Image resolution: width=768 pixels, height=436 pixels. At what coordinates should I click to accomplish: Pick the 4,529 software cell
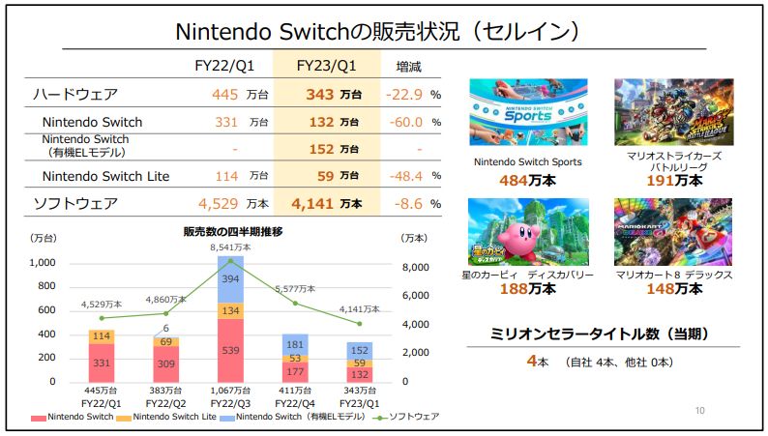coord(218,204)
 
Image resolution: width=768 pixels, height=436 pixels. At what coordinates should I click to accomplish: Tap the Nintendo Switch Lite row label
coord(106,176)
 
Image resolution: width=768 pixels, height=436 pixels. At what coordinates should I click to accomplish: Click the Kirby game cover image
coord(527,231)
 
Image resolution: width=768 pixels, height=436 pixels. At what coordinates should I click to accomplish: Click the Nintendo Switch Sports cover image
coord(527,112)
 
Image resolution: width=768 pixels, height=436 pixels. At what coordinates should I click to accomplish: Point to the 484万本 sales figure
coord(527,180)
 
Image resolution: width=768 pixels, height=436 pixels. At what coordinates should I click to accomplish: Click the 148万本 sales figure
coord(673,288)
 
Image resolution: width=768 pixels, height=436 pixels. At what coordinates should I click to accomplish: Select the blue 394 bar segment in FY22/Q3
coord(231,278)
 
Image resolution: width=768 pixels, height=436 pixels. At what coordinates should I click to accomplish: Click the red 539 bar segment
coord(231,349)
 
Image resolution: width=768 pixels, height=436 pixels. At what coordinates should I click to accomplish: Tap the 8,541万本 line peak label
coord(231,247)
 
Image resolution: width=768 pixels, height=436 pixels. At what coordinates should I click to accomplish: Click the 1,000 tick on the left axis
coord(42,263)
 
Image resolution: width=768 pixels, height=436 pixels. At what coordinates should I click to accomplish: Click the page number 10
coord(699,411)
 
